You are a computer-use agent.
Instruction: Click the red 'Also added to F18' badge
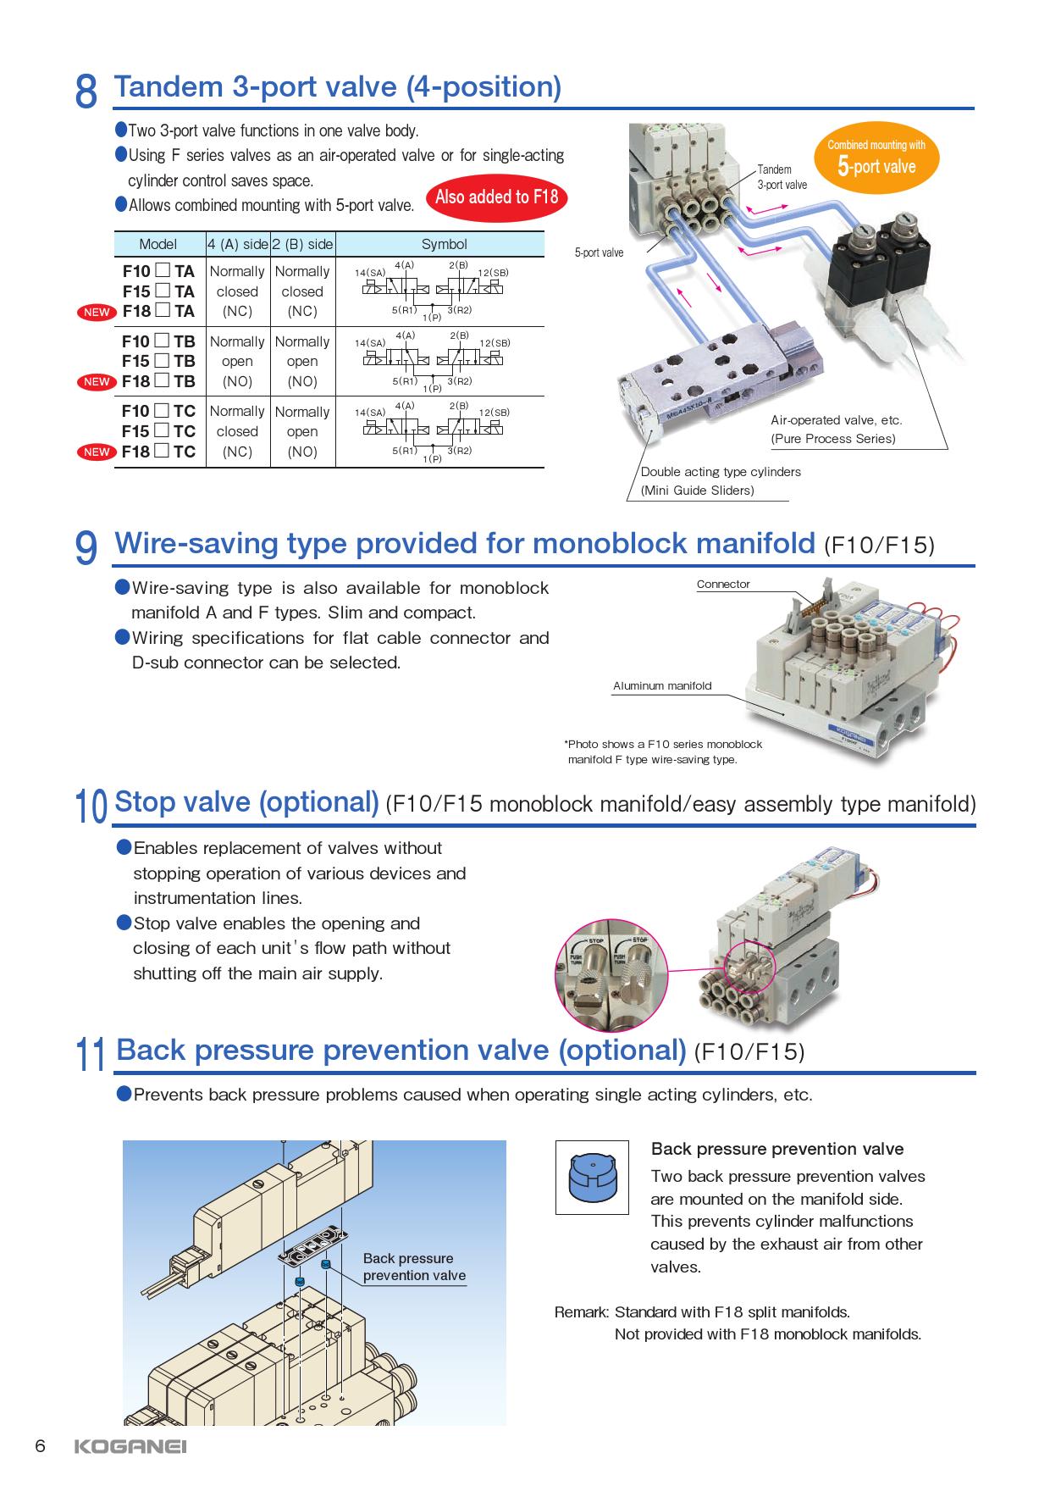496,197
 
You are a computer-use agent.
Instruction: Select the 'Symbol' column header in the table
444,244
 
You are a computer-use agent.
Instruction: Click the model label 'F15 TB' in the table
159,361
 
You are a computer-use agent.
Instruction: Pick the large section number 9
86,548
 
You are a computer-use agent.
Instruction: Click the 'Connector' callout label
723,585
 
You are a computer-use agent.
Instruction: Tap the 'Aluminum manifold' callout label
662,685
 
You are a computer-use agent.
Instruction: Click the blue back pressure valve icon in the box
592,1178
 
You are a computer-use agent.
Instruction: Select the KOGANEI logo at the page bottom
130,1446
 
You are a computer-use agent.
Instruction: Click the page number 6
39,1445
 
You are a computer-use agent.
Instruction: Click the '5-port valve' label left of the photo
599,252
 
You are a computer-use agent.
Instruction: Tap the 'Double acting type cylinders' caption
721,472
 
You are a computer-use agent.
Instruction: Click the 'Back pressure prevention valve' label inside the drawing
414,1267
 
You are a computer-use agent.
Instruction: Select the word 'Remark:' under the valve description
582,1312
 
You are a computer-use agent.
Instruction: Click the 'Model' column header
158,244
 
